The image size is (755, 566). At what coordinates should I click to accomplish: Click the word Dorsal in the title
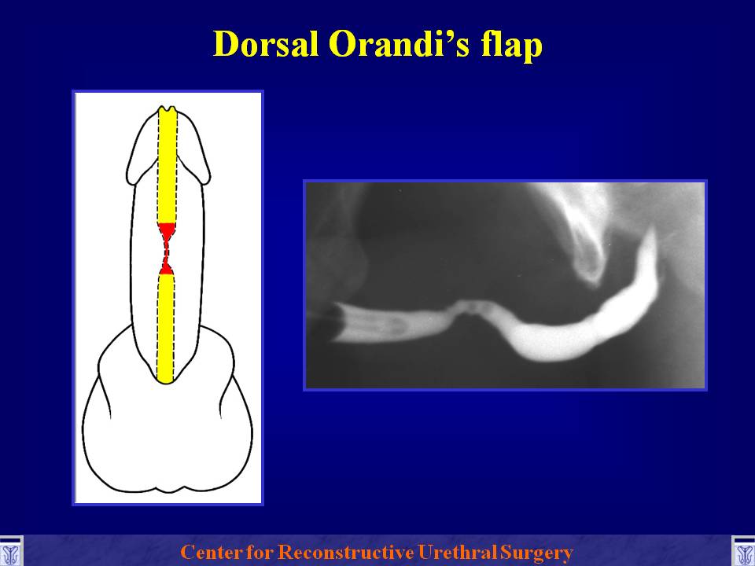[265, 44]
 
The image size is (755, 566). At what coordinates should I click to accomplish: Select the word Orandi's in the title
[400, 44]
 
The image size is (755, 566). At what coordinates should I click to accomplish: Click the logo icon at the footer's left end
[10, 551]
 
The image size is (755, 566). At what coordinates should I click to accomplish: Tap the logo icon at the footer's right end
[744, 551]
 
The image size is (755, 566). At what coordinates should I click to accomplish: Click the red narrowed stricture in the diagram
[167, 249]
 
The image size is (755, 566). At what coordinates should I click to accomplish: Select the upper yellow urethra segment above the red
[168, 167]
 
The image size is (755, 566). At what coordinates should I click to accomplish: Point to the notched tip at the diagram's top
[168, 109]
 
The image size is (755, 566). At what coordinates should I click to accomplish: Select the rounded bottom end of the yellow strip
[165, 379]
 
